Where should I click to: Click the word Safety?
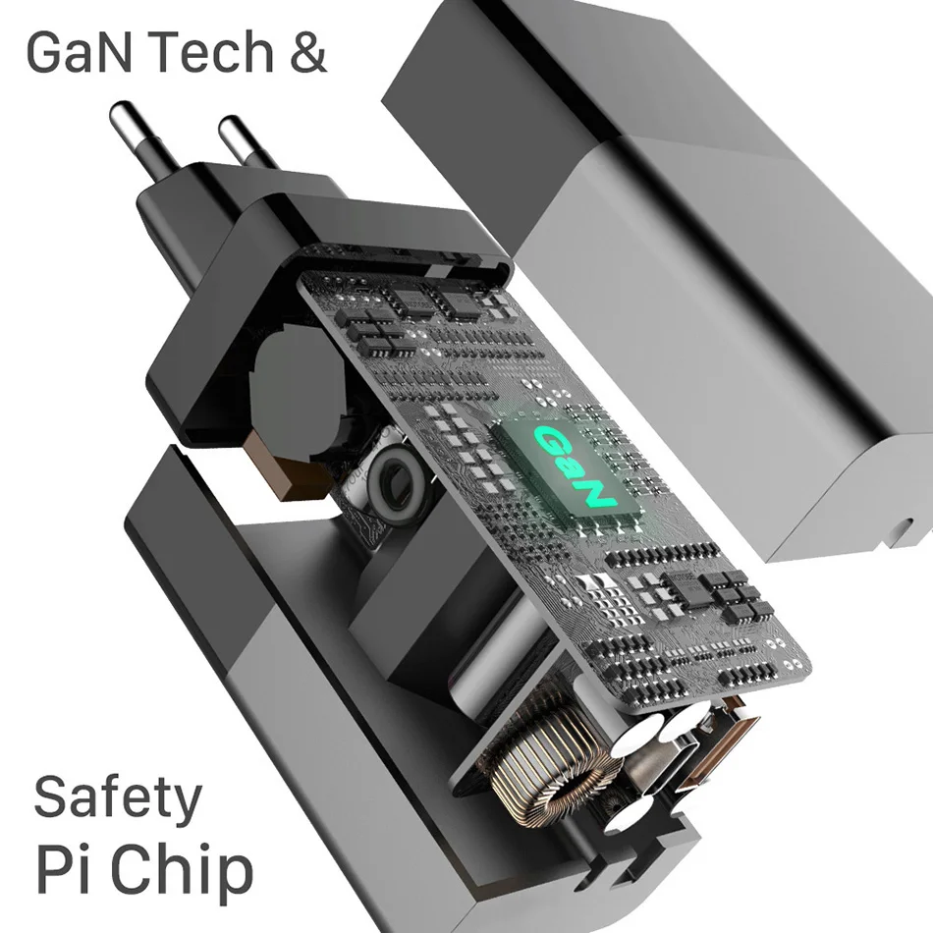point(118,799)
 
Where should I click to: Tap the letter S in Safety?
point(52,797)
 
